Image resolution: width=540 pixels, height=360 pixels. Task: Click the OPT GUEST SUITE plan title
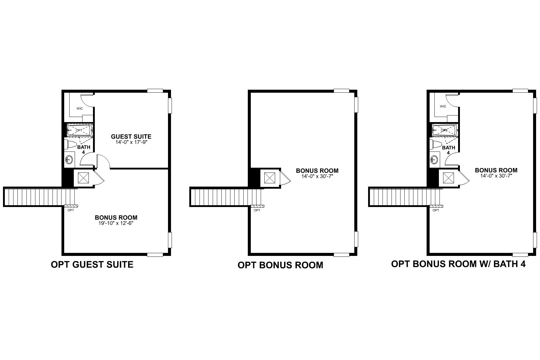[92, 265]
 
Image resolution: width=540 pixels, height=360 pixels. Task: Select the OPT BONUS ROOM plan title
[280, 265]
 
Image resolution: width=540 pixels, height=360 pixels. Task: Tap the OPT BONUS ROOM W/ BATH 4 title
[458, 264]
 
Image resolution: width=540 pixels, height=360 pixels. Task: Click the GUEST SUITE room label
[131, 136]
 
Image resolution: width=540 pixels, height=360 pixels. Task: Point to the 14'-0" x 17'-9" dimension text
[131, 142]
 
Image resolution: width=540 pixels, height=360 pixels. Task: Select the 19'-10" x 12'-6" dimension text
[116, 223]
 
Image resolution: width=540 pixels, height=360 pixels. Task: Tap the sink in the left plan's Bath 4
[69, 160]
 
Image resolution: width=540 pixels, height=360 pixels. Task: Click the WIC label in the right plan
[443, 106]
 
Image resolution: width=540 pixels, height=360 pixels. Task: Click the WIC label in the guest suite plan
[79, 108]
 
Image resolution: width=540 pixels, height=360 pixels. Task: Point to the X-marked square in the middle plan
[269, 178]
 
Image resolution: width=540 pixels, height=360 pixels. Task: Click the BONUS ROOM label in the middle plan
[317, 171]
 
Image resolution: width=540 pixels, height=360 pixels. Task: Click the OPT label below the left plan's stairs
[70, 210]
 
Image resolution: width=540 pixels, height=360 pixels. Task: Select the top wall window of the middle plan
[341, 91]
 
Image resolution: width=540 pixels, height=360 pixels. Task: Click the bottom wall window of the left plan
[155, 255]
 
